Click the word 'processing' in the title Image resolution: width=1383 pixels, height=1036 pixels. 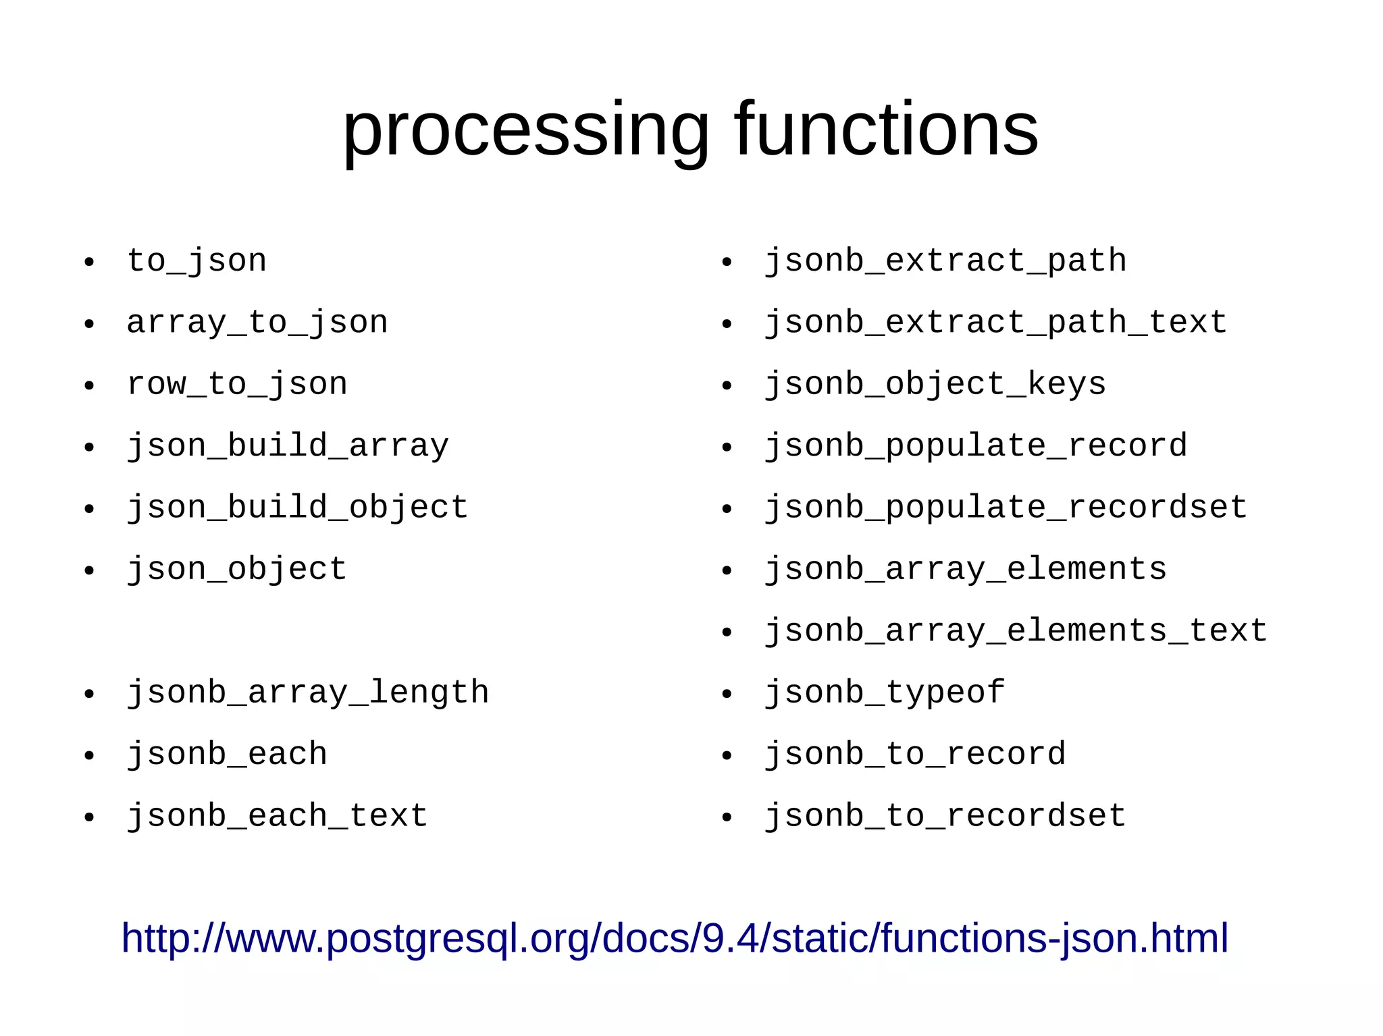click(x=525, y=130)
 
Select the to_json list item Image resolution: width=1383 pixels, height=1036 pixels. click(x=197, y=261)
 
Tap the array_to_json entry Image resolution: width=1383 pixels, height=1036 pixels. click(x=257, y=323)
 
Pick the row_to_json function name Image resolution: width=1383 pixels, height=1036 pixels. click(x=237, y=385)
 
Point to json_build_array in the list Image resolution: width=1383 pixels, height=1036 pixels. click(x=288, y=446)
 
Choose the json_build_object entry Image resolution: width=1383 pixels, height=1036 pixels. click(x=298, y=508)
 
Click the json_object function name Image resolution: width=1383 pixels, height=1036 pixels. click(x=237, y=570)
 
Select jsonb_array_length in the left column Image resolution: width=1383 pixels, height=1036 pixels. click(x=308, y=693)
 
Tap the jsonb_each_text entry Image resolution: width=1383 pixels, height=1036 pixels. click(x=278, y=816)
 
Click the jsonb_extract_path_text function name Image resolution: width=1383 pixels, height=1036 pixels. click(x=995, y=323)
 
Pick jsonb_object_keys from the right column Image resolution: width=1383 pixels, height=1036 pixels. click(x=935, y=385)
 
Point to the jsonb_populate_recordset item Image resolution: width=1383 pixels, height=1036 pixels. click(x=1006, y=508)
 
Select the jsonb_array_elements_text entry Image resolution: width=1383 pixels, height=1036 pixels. click(x=1016, y=631)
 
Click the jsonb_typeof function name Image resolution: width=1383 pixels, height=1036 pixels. click(x=885, y=693)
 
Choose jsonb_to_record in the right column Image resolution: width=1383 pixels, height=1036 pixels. click(x=915, y=755)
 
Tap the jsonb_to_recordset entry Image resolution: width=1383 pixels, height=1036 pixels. click(x=945, y=816)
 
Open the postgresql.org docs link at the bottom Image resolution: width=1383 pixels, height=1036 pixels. click(x=675, y=938)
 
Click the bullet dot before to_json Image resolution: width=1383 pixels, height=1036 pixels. click(x=89, y=263)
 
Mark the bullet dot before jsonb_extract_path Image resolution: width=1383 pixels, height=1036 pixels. click(x=727, y=263)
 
